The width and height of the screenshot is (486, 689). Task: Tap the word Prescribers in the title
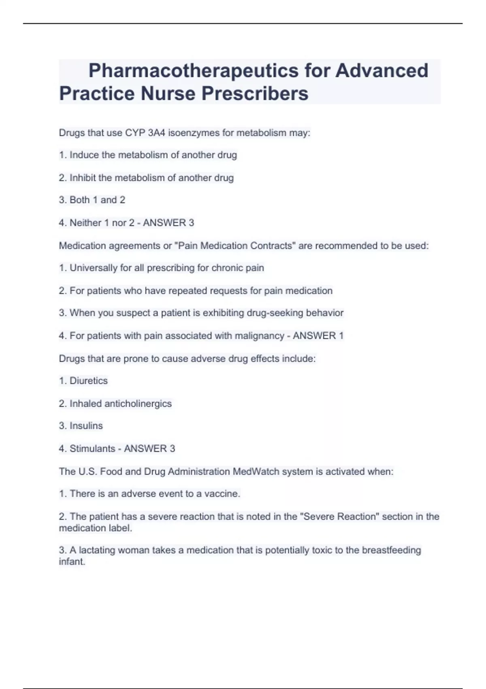click(255, 94)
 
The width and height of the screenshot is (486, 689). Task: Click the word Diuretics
click(89, 381)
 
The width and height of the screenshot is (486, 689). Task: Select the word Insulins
click(86, 426)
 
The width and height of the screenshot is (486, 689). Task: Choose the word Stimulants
click(92, 448)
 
